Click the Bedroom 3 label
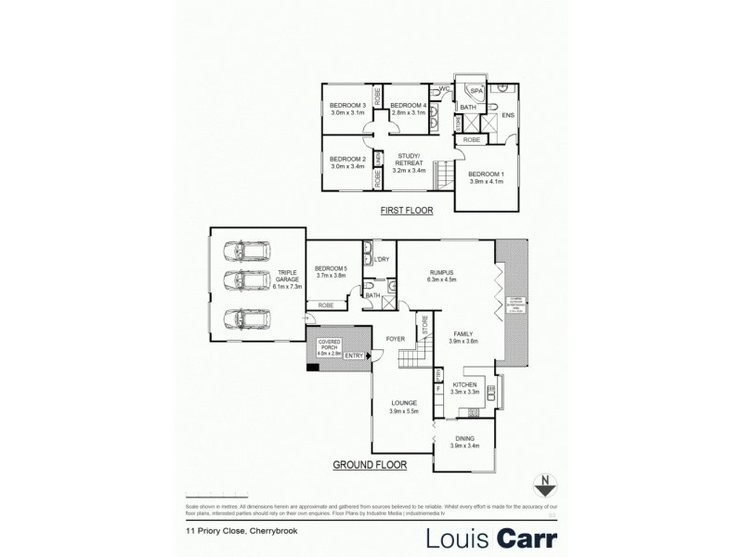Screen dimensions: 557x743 (345, 105)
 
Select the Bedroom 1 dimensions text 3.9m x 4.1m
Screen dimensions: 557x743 (487, 183)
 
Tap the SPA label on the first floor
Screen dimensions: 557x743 (476, 90)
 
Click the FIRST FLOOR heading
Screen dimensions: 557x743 (407, 212)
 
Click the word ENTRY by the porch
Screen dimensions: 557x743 (354, 356)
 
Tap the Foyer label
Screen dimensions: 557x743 (396, 339)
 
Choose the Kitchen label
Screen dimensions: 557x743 (464, 384)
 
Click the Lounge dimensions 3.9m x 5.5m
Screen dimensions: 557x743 (405, 411)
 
